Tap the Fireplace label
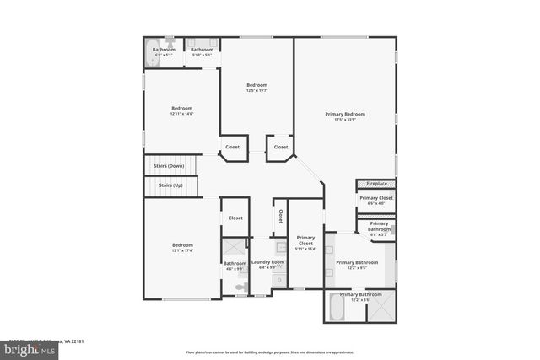(377, 183)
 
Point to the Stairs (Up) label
(172, 185)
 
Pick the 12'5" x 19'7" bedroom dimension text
(256, 90)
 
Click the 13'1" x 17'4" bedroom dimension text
(183, 250)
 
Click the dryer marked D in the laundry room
(278, 280)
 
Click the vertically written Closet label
(280, 216)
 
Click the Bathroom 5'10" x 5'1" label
(202, 50)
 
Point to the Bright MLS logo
(19, 346)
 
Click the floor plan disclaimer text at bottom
(269, 352)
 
